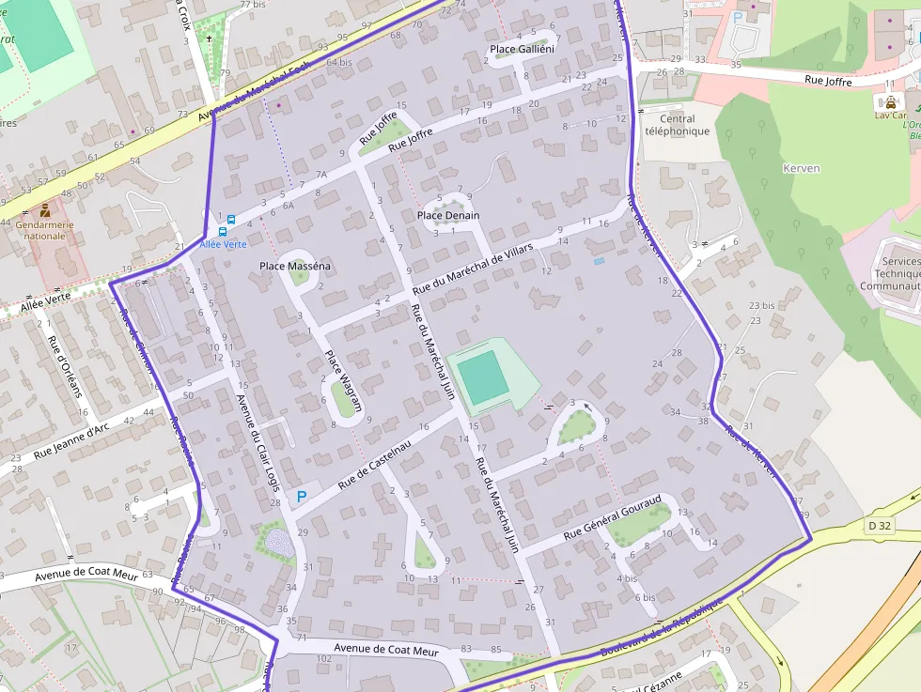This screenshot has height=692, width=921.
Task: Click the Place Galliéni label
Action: pos(523,49)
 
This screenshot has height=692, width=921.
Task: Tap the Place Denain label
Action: pos(448,216)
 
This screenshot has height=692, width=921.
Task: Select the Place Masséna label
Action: pos(295,267)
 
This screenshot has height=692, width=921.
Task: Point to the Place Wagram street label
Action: pos(343,381)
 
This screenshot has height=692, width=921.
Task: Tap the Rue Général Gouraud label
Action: pos(613,517)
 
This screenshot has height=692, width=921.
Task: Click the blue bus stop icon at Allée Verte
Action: pos(223,231)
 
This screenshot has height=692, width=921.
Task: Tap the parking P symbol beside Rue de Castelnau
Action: pos(302,497)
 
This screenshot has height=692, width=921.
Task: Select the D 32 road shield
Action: pos(879,526)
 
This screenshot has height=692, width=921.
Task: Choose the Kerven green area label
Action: pos(801,169)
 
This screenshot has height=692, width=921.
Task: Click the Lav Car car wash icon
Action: pos(889,101)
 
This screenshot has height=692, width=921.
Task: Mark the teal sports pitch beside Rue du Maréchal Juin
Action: pos(483,377)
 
